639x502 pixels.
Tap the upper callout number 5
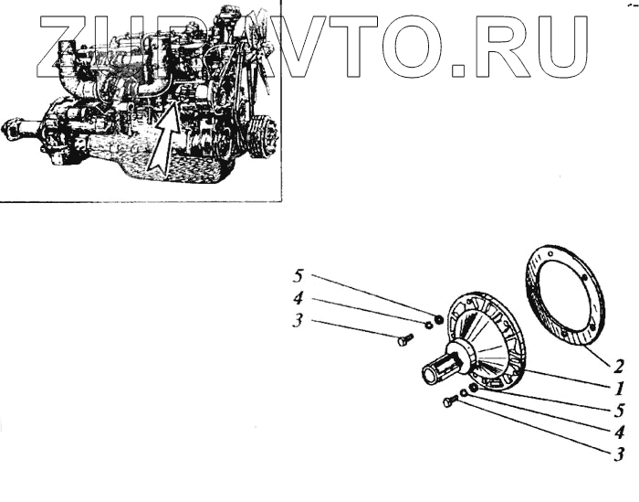298,275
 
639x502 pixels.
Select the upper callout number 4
298,298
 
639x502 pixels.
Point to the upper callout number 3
298,321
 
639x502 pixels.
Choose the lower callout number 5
619,409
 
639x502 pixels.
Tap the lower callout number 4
619,431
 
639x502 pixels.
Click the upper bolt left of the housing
405,340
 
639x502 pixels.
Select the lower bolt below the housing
449,401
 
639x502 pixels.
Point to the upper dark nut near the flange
438,318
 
